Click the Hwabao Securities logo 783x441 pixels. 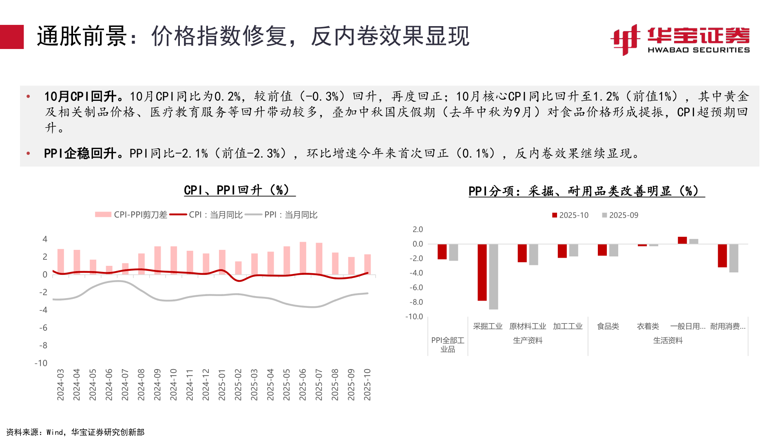pos(679,40)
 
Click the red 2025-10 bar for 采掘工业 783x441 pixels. pos(482,272)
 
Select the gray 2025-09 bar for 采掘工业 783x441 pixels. pos(493,276)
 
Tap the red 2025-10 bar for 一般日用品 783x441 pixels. pos(682,241)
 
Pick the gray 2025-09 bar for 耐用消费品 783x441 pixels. pos(734,258)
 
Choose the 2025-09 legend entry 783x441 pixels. pos(620,215)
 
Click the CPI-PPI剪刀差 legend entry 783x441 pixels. pos(131,215)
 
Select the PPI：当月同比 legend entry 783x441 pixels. pos(282,215)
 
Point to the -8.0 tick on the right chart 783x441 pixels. pos(416,302)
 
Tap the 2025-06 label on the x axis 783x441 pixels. pos(302,385)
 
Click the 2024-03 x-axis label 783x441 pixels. pos(60,385)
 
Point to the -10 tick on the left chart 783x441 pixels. pos(41,363)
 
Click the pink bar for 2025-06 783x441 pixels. pos(303,258)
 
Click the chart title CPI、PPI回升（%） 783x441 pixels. pos(239,190)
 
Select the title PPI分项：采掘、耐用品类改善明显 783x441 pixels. pos(586,191)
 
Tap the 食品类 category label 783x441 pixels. pos(608,326)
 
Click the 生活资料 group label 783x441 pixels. pos(668,341)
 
